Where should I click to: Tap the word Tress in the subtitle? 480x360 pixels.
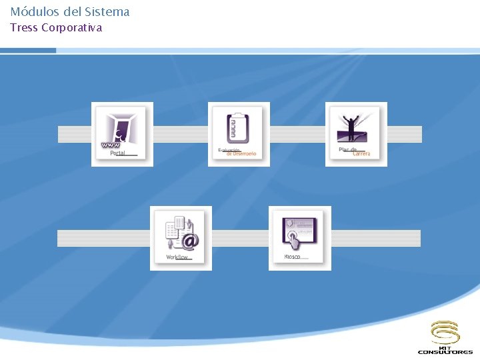(23, 28)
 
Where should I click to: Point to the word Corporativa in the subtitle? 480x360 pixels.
(72, 28)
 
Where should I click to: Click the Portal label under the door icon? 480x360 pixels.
(117, 153)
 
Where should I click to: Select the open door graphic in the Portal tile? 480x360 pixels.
(126, 128)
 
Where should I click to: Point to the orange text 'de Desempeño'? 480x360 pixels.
(241, 154)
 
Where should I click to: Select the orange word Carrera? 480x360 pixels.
(361, 154)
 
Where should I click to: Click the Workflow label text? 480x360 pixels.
(177, 257)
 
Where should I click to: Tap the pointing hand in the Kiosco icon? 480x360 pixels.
(291, 237)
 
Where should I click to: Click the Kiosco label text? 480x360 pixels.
(292, 257)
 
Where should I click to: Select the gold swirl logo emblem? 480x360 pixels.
(445, 331)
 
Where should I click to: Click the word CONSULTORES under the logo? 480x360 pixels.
(445, 352)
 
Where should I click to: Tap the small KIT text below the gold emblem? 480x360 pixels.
(445, 346)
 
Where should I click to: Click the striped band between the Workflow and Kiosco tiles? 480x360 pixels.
(240, 238)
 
